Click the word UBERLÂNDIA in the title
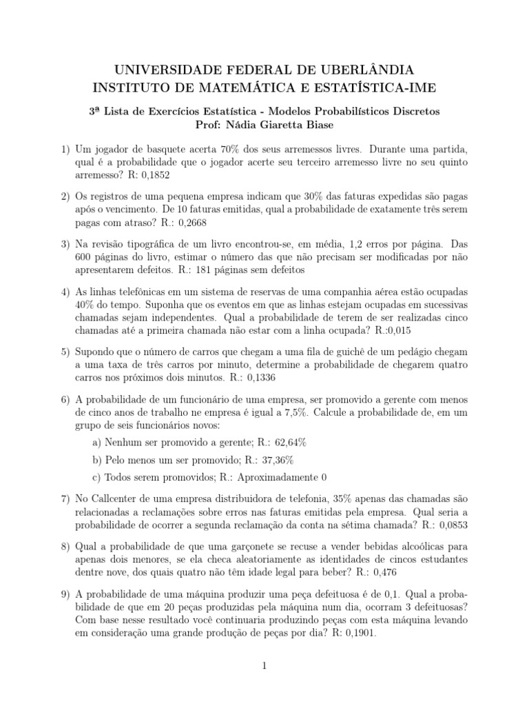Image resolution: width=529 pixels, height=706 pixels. pyautogui.click(x=366, y=70)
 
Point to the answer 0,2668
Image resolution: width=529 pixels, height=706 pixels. pyautogui.click(x=191, y=223)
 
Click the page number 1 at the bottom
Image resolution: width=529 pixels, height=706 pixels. pyautogui.click(x=264, y=666)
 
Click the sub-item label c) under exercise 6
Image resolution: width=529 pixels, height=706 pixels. pyautogui.click(x=96, y=477)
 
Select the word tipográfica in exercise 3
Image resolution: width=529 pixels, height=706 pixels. pyautogui.click(x=151, y=243)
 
